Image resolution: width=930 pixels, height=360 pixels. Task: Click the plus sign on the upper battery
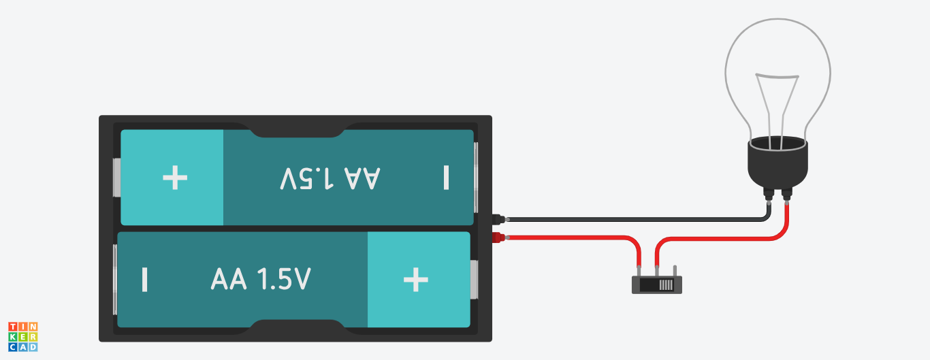click(175, 178)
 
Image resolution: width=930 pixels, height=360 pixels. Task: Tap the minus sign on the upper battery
click(446, 178)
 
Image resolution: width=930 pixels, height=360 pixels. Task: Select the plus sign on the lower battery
click(416, 280)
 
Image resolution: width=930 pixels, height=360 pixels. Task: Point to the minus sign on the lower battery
click(144, 280)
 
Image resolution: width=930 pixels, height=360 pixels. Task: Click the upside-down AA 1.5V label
click(330, 178)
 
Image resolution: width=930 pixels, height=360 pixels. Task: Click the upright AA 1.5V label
click(261, 280)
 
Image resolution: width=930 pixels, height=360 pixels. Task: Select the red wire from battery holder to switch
click(579, 238)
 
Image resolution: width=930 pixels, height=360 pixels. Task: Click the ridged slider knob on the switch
click(666, 285)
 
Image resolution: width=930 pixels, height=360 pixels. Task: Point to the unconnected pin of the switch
click(674, 271)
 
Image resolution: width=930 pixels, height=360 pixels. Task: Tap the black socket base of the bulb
click(777, 163)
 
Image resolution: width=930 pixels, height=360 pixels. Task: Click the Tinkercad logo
click(22, 337)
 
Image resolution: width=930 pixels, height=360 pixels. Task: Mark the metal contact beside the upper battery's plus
click(116, 178)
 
